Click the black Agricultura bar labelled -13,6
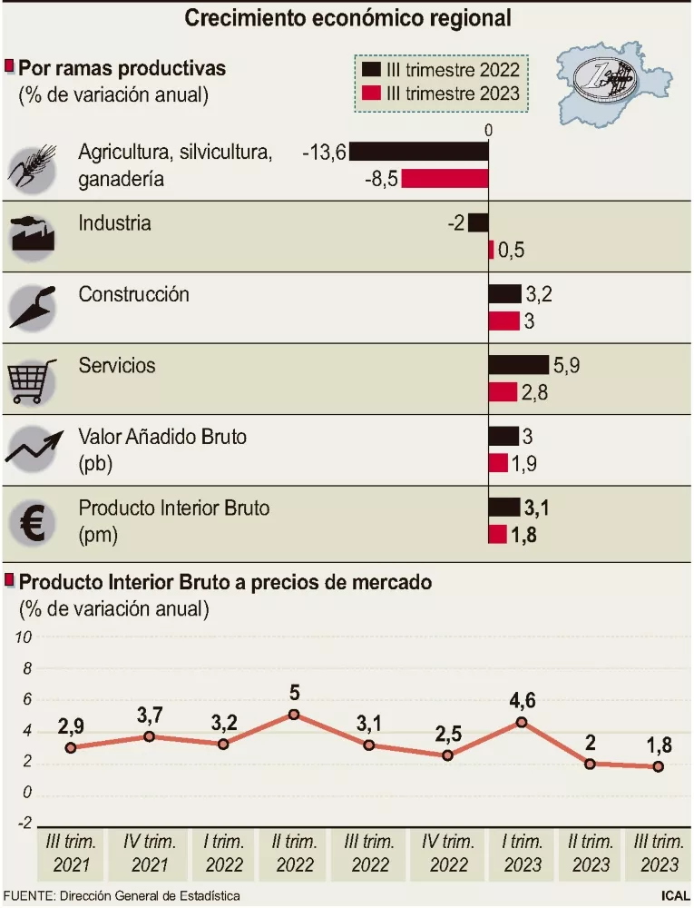point(419,152)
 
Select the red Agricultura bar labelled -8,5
point(445,178)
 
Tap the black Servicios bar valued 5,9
point(519,365)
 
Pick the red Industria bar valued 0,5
point(492,250)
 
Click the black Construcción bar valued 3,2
point(505,294)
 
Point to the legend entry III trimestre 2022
point(439,69)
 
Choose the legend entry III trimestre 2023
point(439,93)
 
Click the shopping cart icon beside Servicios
point(32,380)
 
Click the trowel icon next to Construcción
point(33,307)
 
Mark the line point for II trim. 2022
point(294,715)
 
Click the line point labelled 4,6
point(522,722)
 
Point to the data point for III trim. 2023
point(659,766)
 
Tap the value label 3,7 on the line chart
point(150,716)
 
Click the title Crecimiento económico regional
point(347,18)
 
